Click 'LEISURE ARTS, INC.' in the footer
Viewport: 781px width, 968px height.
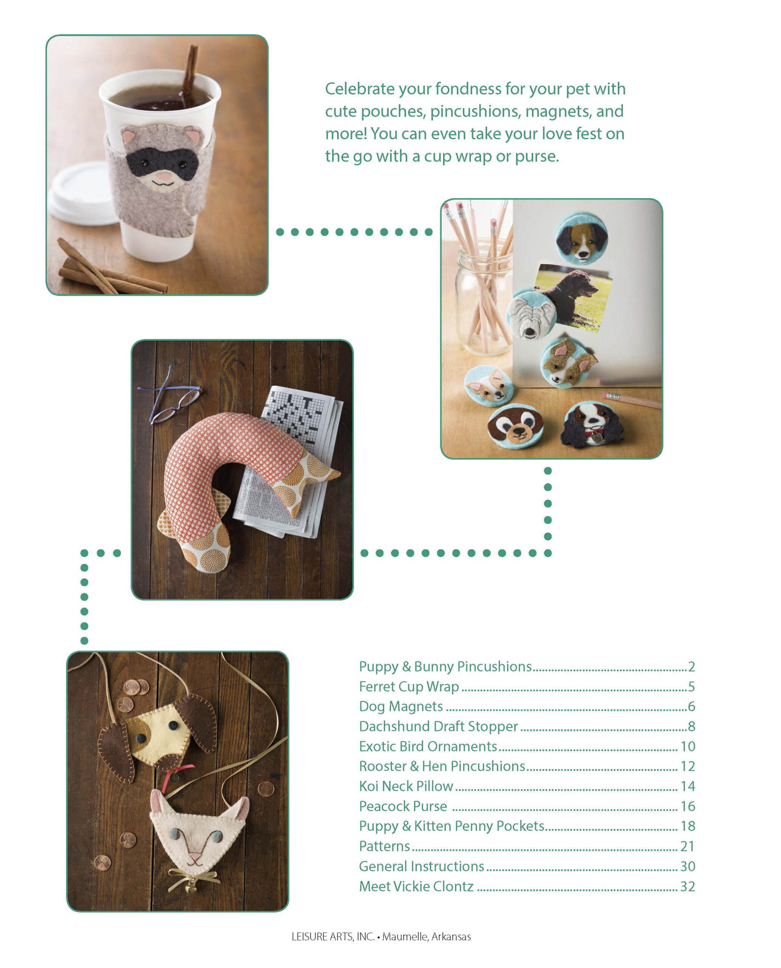(x=333, y=937)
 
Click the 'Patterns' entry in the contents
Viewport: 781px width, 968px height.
(x=384, y=846)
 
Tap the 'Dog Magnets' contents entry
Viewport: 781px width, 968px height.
(x=401, y=707)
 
